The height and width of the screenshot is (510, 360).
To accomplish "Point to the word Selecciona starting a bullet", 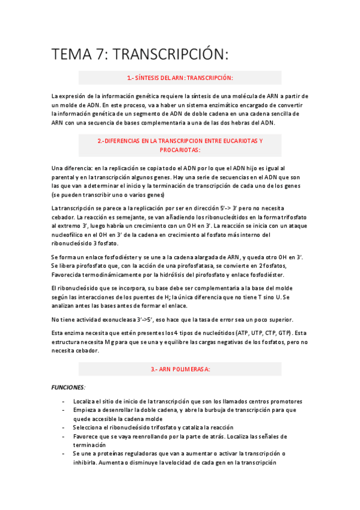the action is [90, 428].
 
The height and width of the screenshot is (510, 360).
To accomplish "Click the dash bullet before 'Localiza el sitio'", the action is [64, 401].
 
